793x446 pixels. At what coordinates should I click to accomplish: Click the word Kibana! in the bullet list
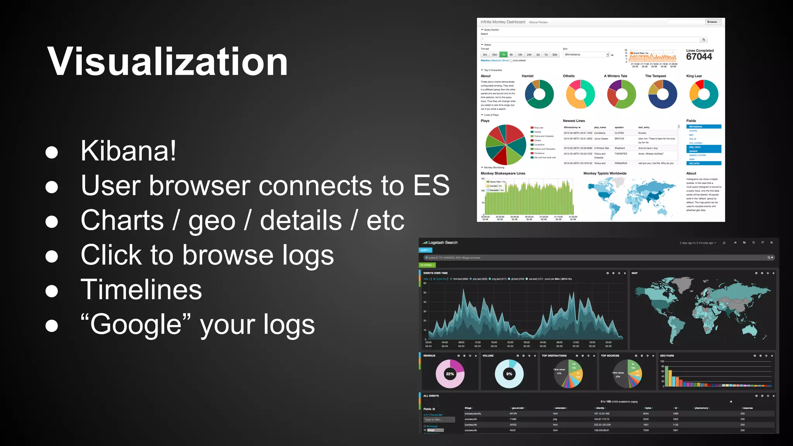[x=128, y=151]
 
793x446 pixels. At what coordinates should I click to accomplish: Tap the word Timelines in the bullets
[x=141, y=290]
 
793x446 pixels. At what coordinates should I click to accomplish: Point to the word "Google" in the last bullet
[x=136, y=324]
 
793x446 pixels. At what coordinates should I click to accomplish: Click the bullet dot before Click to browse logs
[x=52, y=256]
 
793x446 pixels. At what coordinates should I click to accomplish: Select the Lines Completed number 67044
[x=699, y=57]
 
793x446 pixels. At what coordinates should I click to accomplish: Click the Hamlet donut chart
[x=539, y=94]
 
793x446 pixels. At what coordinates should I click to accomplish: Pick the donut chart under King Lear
[x=704, y=94]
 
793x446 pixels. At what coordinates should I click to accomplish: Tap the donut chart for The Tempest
[x=663, y=94]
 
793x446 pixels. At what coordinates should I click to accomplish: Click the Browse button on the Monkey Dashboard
[x=712, y=22]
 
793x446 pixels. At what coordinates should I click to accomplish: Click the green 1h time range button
[x=503, y=55]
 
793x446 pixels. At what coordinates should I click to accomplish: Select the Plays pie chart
[x=506, y=145]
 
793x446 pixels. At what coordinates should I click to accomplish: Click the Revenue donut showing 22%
[x=450, y=374]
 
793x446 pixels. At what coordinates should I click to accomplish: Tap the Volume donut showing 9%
[x=509, y=374]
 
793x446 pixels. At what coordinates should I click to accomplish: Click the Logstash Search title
[x=443, y=243]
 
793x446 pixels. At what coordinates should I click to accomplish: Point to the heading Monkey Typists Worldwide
[x=605, y=173]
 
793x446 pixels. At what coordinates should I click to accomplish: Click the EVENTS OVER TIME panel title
[x=435, y=273]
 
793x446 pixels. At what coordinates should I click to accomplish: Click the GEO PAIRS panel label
[x=667, y=356]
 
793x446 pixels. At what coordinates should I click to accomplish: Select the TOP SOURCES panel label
[x=610, y=356]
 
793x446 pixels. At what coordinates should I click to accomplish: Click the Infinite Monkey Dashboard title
[x=503, y=22]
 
